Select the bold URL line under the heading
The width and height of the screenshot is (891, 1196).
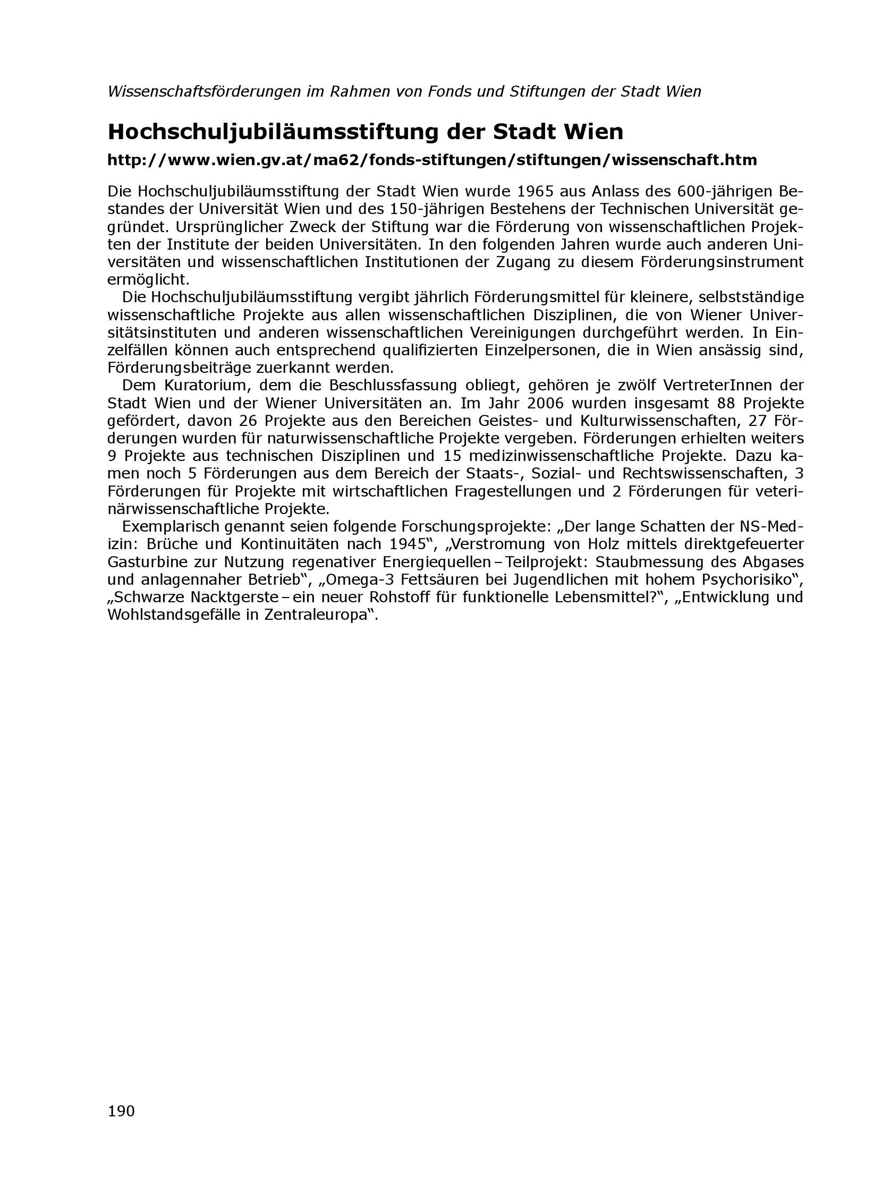pos(432,160)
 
